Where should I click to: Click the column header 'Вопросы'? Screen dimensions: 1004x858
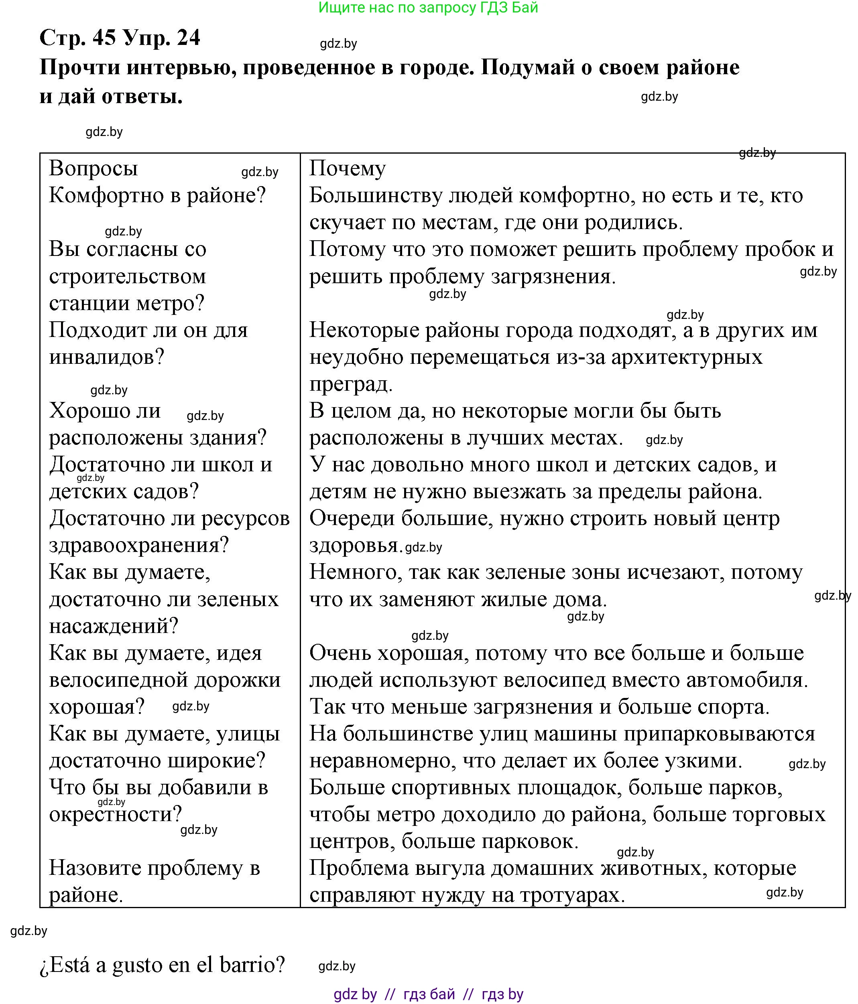point(93,168)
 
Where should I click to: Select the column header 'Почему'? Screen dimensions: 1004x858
point(348,168)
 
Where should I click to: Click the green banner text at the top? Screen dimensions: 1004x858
point(429,8)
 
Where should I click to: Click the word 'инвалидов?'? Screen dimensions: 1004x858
point(107,358)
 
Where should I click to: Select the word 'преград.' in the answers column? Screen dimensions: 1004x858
point(351,384)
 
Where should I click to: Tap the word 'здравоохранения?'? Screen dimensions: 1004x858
point(138,546)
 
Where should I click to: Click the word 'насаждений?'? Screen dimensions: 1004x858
point(114,626)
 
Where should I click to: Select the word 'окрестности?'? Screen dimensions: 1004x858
point(115,815)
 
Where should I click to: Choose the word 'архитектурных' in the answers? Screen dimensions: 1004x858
point(686,358)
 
